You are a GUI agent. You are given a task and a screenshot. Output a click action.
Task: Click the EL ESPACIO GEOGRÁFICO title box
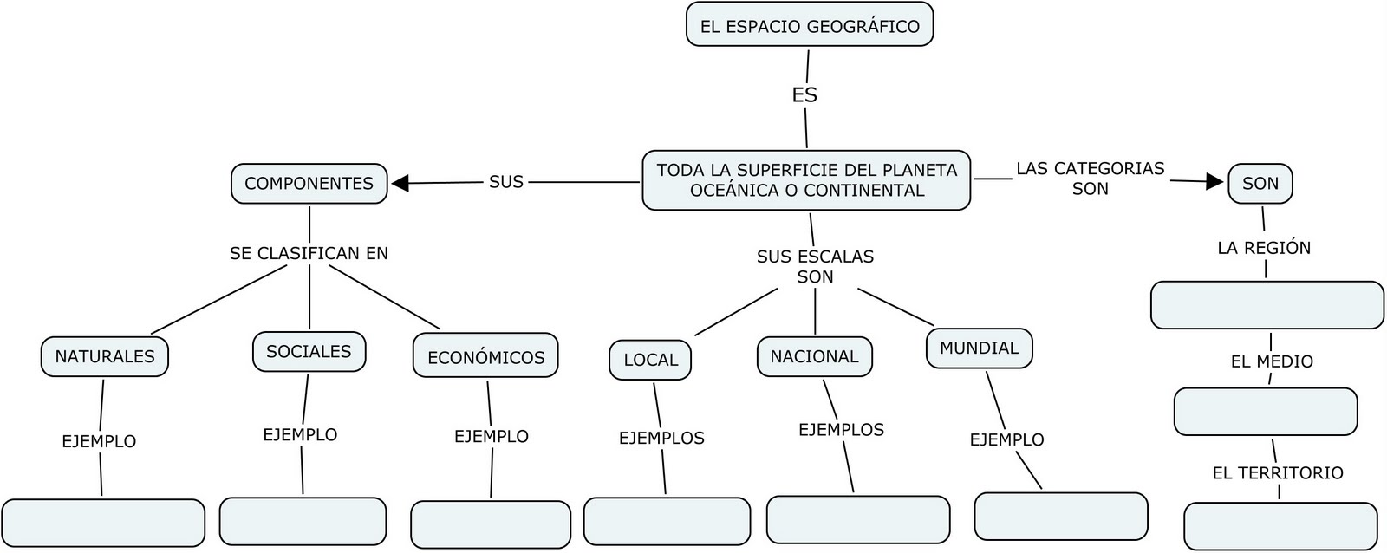[809, 25]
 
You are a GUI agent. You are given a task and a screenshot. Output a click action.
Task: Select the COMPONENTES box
[309, 183]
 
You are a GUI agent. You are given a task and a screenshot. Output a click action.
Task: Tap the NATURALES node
[104, 356]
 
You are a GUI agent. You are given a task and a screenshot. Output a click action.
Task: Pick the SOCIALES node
[309, 351]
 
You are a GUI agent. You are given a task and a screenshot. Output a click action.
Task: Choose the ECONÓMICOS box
[485, 356]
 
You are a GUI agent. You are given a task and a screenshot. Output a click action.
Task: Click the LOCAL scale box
[650, 360]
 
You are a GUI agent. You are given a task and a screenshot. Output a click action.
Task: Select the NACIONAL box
[814, 356]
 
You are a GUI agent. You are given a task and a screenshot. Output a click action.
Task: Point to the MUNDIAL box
[979, 348]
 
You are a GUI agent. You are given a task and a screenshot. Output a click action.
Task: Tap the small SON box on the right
[1260, 183]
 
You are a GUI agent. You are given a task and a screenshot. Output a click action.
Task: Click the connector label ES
[804, 94]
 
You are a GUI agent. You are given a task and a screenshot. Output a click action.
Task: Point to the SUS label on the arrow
[506, 181]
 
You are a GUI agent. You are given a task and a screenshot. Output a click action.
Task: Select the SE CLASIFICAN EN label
[309, 253]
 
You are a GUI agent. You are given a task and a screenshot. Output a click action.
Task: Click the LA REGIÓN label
[1264, 248]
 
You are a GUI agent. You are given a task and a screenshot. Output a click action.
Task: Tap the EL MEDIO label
[1272, 361]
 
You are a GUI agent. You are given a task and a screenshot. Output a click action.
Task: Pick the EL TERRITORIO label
[1278, 472]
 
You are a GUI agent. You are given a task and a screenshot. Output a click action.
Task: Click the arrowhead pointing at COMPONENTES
[400, 183]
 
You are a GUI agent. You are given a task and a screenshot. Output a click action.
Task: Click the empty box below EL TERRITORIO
[1280, 526]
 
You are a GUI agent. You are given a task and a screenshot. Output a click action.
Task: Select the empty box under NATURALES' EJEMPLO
[103, 523]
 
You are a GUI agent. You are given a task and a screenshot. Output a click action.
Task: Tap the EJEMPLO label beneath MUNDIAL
[1006, 439]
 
